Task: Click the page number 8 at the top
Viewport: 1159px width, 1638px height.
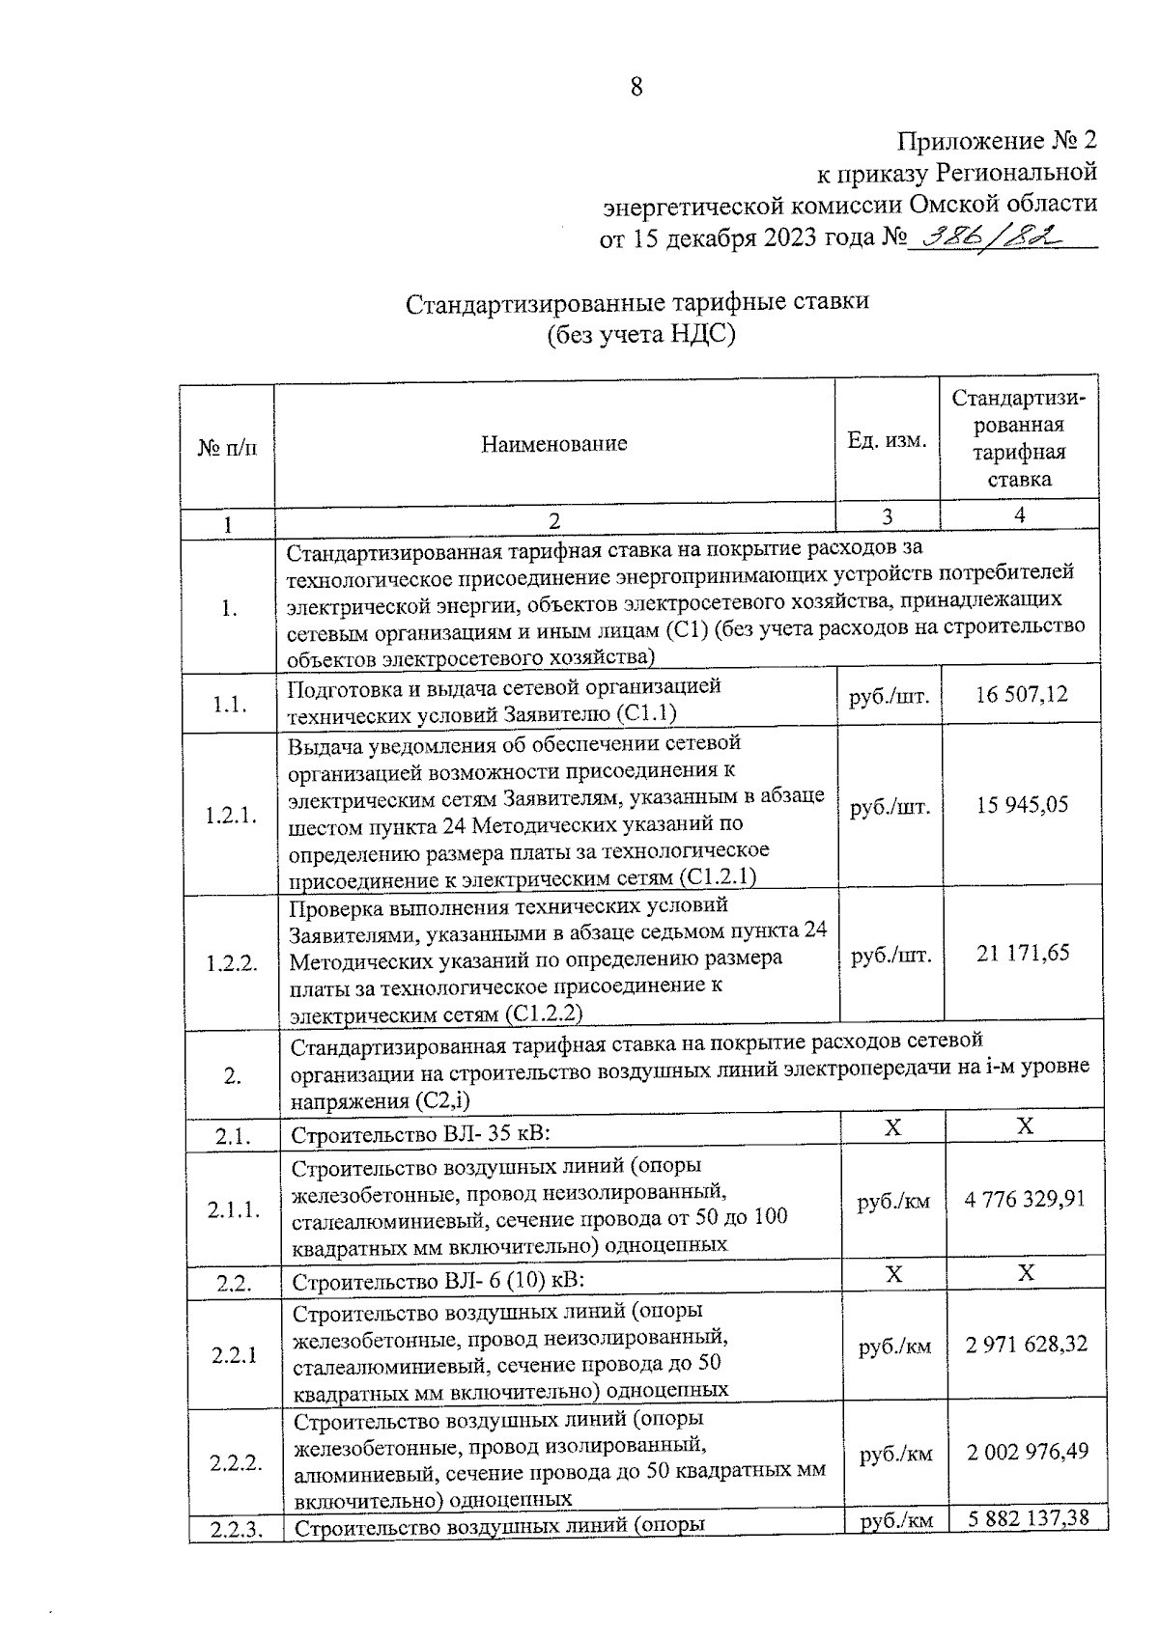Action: coord(636,88)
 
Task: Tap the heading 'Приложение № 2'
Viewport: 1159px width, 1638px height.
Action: coord(998,141)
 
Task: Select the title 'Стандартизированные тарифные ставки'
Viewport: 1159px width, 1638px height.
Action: coord(637,301)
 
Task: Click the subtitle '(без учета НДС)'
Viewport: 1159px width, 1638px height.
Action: coord(638,334)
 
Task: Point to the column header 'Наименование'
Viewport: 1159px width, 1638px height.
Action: coord(553,444)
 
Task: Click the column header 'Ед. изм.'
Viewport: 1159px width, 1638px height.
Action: coord(887,440)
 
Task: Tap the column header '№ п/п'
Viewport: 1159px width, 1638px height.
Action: coord(228,448)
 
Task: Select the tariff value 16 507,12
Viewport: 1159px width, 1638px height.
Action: coord(1022,694)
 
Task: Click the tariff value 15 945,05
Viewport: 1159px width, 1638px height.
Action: coord(1022,805)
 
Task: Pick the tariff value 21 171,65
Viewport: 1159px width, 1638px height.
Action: coord(1023,953)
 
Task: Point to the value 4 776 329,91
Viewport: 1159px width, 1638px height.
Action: coord(1025,1199)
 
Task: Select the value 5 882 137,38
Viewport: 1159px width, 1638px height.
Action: coord(1028,1518)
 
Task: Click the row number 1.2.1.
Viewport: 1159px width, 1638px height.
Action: coord(230,816)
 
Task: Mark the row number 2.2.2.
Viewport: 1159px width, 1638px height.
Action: coord(236,1462)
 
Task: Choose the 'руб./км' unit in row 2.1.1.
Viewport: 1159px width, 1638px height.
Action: coord(893,1202)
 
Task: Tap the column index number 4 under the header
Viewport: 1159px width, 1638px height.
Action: coord(1019,515)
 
